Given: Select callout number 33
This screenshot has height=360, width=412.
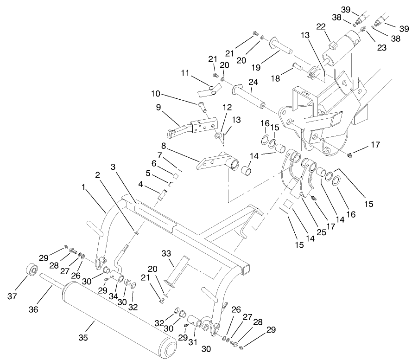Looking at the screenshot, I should pyautogui.click(x=166, y=253).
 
